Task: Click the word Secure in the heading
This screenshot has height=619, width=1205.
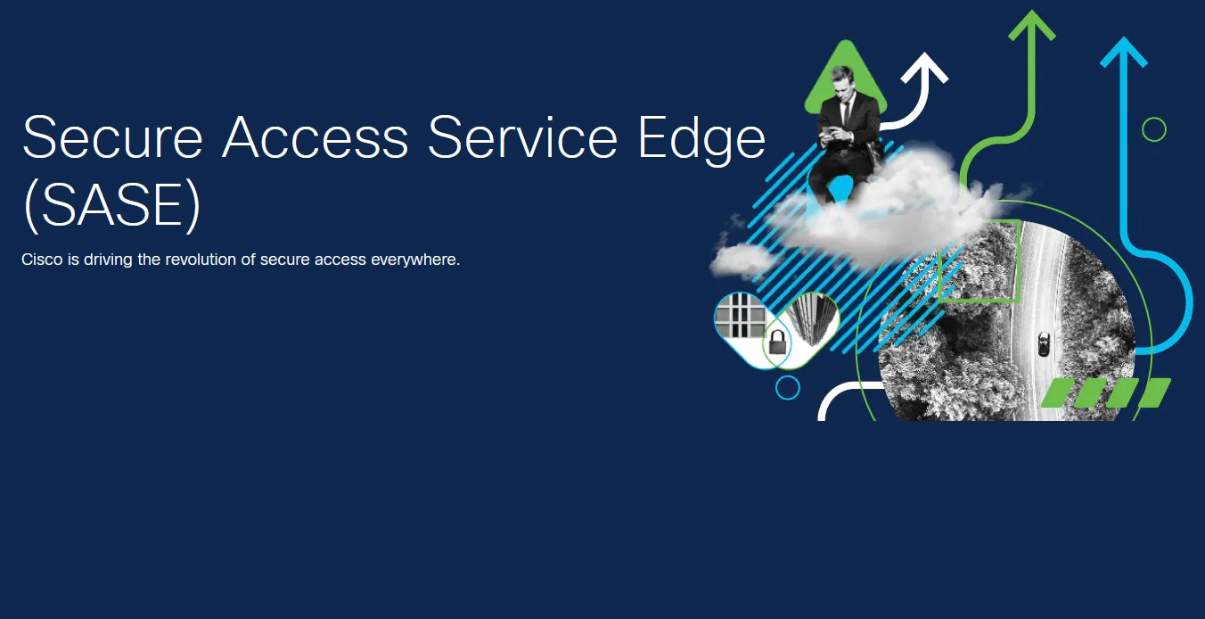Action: (x=112, y=137)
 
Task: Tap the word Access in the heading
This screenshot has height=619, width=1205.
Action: (x=316, y=137)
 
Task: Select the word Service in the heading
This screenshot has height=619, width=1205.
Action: (x=522, y=137)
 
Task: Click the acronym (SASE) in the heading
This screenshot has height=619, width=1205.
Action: (x=112, y=205)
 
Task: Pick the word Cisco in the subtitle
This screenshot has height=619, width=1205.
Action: (x=42, y=260)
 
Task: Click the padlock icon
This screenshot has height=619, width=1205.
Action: (x=777, y=343)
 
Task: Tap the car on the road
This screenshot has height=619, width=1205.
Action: (x=1043, y=343)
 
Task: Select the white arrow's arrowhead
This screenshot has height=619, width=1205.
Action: (x=925, y=68)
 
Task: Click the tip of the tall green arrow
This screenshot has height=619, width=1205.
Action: (x=1032, y=11)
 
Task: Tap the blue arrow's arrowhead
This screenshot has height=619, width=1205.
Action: (x=1123, y=52)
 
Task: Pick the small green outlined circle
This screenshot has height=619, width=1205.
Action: (x=1154, y=129)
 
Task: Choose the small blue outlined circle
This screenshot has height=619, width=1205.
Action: (x=788, y=388)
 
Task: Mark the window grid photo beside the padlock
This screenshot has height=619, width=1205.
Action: (x=741, y=316)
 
